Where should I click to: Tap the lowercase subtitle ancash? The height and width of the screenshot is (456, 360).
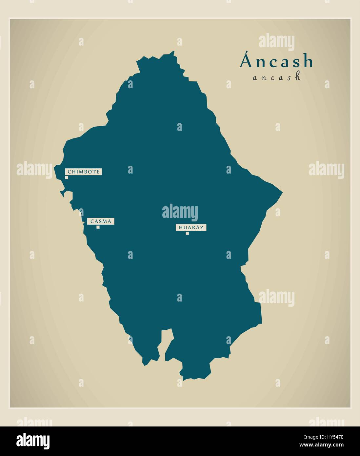pos(277,77)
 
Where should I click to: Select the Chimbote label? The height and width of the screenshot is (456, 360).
pos(84,172)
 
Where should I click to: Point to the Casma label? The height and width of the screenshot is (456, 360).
pos(101,221)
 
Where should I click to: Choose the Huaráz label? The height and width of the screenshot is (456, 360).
pos(191,227)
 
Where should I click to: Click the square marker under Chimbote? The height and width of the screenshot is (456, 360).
pos(67,177)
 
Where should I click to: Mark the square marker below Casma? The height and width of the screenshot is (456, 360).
pos(98,227)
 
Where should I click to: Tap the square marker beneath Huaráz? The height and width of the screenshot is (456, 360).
pos(187,233)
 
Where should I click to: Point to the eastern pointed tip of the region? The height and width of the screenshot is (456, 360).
pos(282,191)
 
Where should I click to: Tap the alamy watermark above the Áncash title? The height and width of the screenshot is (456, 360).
pos(277,42)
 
